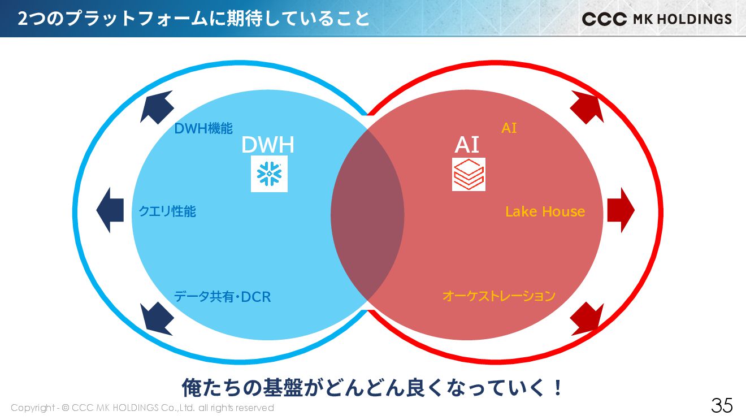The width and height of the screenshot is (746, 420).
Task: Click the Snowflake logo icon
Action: click(x=269, y=174)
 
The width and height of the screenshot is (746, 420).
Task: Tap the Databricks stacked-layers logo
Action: click(x=469, y=174)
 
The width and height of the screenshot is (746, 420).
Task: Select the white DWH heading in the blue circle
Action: click(x=267, y=145)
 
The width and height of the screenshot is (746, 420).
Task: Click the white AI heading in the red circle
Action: click(x=467, y=145)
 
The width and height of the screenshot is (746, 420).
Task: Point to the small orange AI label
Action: click(x=509, y=128)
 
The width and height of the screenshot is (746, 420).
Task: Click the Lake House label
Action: click(x=545, y=211)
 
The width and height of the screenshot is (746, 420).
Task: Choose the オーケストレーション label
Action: click(x=498, y=296)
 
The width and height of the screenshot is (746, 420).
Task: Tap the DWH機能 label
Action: click(x=203, y=128)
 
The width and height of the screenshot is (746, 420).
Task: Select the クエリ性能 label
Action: click(x=167, y=211)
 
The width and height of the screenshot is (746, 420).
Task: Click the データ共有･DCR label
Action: click(x=222, y=296)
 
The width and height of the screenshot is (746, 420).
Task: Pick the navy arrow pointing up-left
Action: click(x=156, y=107)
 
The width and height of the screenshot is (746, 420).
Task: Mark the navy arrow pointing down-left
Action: click(x=156, y=318)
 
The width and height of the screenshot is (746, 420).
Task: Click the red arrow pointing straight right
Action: click(x=621, y=210)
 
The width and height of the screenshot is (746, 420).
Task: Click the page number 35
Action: click(x=722, y=405)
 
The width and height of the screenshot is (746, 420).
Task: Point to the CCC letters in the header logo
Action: click(x=604, y=19)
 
